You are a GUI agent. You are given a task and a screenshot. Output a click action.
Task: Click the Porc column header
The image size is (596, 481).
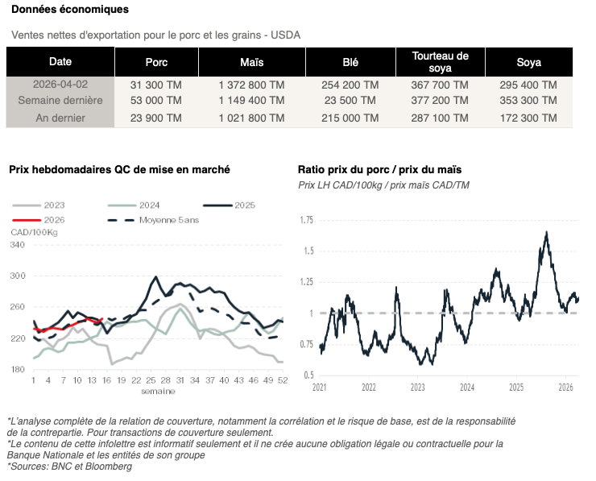156,62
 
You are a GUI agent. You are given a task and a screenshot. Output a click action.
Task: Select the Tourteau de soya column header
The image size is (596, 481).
440,62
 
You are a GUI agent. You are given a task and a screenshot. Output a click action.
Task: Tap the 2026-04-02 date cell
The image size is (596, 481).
60,85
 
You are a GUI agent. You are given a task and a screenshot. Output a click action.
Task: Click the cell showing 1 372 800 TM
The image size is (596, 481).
251,85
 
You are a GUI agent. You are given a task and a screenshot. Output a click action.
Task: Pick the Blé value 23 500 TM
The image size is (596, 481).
350,101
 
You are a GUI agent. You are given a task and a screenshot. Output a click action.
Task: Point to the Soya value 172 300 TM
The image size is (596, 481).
528,118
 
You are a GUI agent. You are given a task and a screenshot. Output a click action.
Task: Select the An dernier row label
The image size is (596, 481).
60,118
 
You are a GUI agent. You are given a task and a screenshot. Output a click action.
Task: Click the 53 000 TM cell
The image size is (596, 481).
156,101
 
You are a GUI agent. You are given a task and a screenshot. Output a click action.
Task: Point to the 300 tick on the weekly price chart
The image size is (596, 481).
17,276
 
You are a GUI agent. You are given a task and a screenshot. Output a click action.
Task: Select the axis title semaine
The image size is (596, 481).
158,391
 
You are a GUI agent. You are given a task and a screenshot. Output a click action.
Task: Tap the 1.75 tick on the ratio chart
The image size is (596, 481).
306,220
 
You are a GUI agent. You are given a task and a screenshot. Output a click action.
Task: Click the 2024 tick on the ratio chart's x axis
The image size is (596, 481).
466,387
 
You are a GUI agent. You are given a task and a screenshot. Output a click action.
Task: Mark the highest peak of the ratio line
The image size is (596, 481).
547,232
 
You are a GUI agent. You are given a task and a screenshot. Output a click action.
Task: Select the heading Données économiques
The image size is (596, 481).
69,10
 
